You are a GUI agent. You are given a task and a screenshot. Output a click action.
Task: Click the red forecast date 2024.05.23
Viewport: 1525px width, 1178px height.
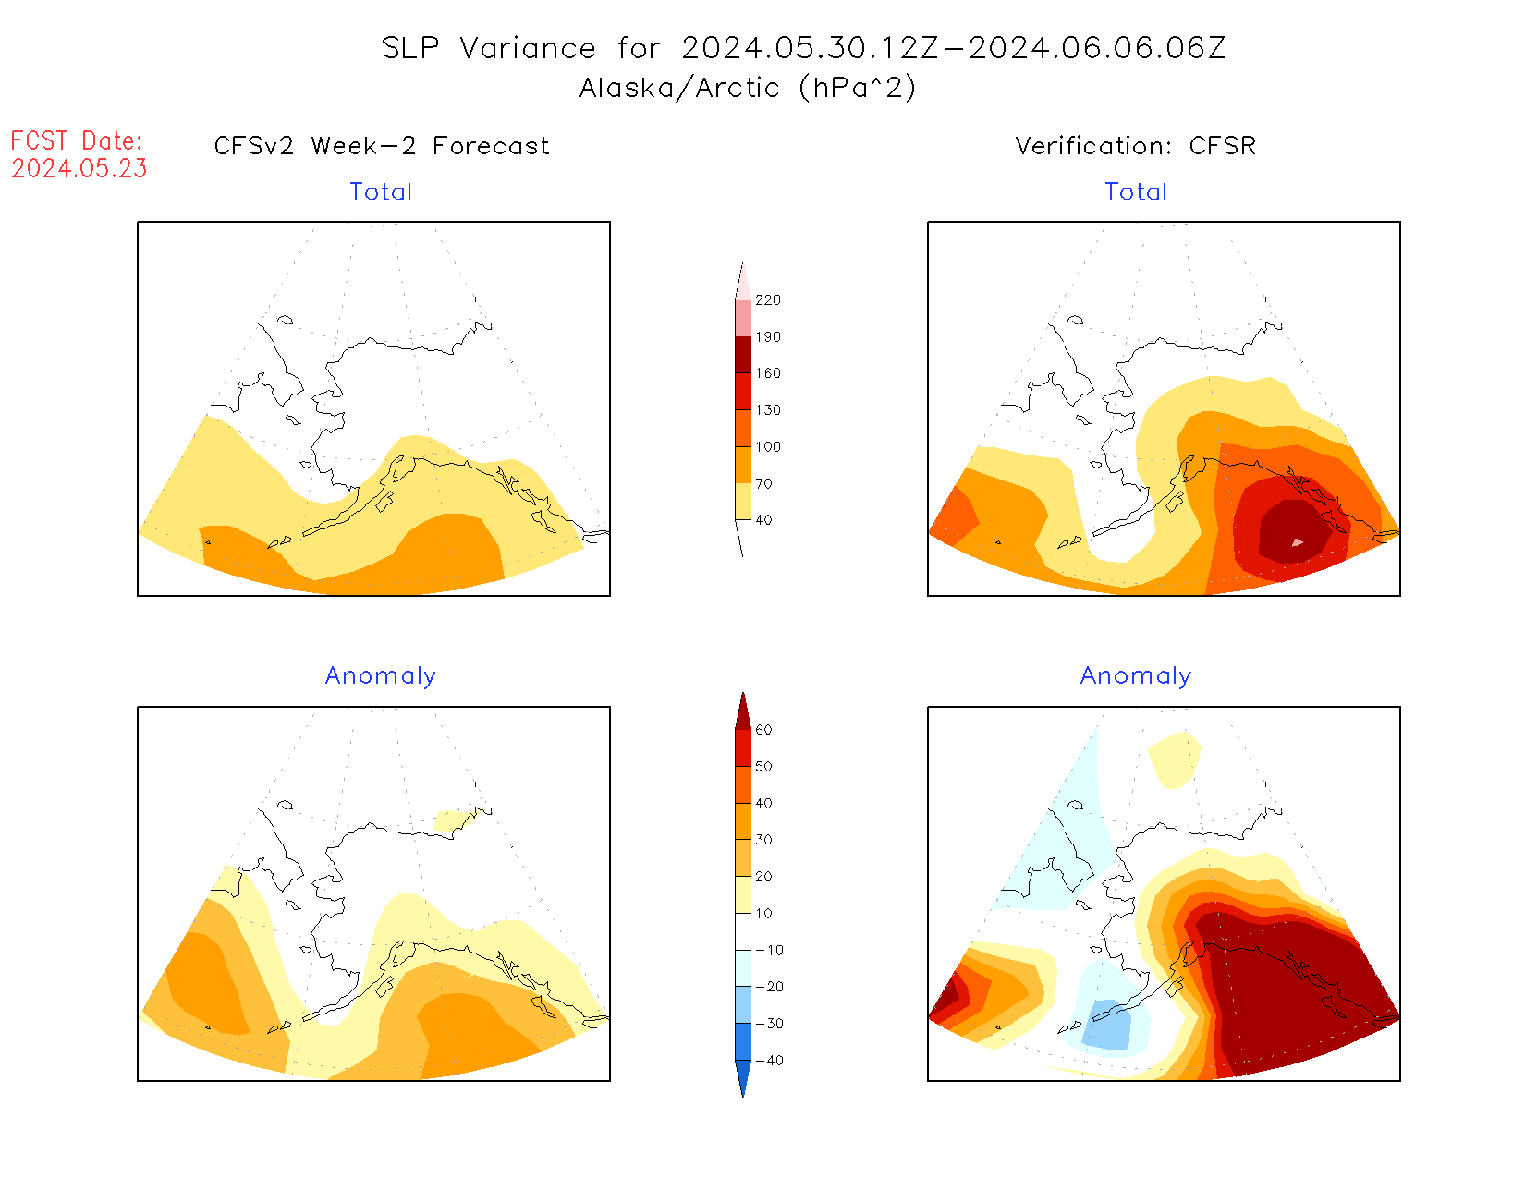click(79, 169)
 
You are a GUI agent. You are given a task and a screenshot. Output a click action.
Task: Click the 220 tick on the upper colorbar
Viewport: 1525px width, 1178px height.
click(767, 300)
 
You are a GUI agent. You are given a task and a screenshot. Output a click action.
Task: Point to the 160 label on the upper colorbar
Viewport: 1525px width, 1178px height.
click(767, 373)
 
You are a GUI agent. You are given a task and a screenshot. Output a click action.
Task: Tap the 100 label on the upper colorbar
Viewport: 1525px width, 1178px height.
click(767, 447)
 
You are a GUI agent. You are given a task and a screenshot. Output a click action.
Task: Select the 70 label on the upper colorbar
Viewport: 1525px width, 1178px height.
click(763, 483)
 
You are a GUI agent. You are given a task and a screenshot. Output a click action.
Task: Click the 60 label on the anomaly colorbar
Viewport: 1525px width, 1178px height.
click(763, 730)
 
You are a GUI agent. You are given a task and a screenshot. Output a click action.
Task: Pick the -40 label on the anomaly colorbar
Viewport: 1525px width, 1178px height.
click(769, 1061)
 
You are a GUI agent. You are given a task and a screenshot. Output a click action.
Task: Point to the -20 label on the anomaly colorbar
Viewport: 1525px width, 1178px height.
click(769, 987)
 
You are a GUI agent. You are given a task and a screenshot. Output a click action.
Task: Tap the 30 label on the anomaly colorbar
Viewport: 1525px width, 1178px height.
click(763, 840)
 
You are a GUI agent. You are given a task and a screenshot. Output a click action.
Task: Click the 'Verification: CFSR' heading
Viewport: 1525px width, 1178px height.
click(1135, 146)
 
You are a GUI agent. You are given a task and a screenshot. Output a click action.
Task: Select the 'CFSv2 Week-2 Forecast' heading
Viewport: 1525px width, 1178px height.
click(382, 146)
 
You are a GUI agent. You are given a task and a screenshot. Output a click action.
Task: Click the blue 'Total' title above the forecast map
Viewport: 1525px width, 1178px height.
click(381, 192)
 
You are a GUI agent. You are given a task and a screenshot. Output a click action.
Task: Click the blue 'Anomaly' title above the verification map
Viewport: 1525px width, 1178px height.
click(1136, 676)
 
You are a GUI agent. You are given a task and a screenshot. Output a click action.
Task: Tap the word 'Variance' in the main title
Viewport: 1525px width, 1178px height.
click(528, 48)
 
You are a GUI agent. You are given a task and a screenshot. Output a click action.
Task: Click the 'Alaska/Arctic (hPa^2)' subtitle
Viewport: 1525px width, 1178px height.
click(748, 88)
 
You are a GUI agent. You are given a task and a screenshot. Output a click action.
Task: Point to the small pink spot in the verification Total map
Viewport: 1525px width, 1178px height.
click(1298, 542)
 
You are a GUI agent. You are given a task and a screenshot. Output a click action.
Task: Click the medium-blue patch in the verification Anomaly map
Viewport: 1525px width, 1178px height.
click(1107, 1024)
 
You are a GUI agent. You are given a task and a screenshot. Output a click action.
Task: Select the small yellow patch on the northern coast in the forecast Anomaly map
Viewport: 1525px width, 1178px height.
click(453, 820)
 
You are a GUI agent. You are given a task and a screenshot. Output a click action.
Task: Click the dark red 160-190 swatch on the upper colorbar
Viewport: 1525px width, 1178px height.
click(743, 355)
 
